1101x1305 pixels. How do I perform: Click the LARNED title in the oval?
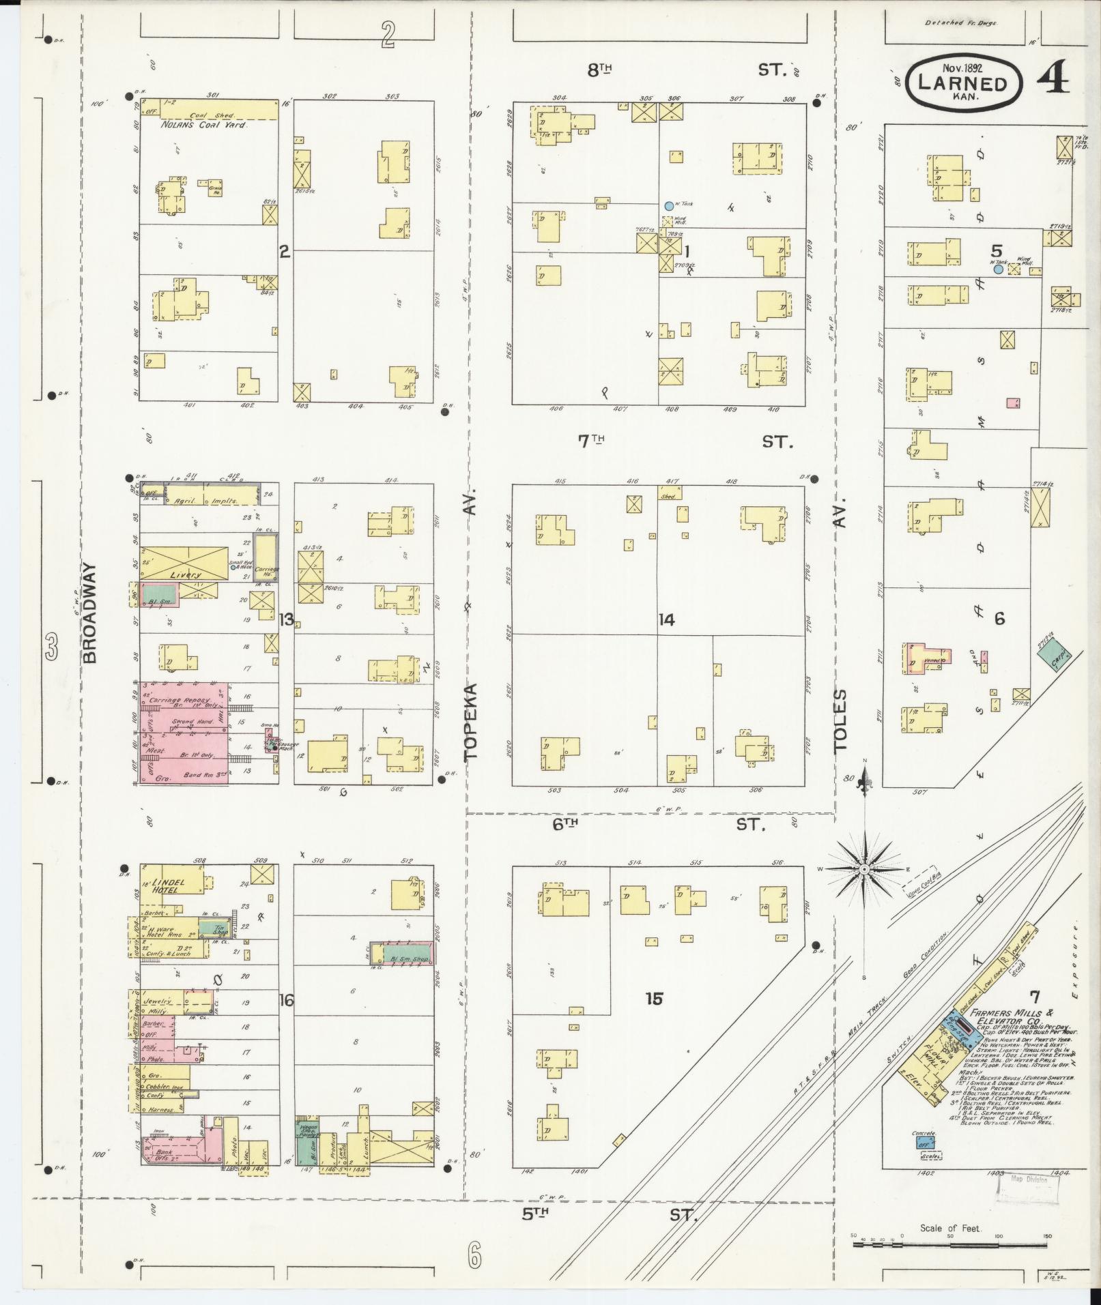pyautogui.click(x=962, y=85)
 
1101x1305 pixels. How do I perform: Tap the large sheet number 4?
pyautogui.click(x=1053, y=81)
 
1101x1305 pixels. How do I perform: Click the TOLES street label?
pyautogui.click(x=840, y=720)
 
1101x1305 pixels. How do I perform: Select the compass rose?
pyautogui.click(x=863, y=869)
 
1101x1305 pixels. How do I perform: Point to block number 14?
pyautogui.click(x=666, y=619)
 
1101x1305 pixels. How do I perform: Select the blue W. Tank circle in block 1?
pyautogui.click(x=668, y=205)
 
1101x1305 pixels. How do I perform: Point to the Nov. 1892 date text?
pyautogui.click(x=963, y=68)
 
